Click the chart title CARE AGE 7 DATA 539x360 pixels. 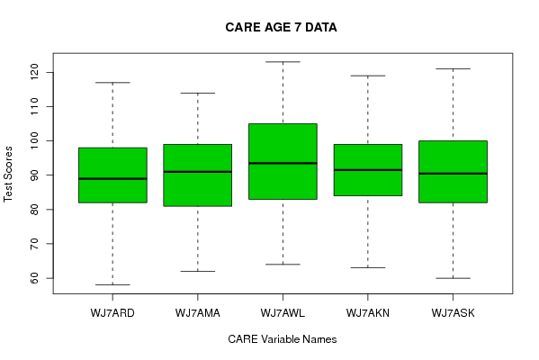tap(281, 28)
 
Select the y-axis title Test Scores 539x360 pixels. tap(7, 175)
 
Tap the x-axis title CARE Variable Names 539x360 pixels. tap(283, 339)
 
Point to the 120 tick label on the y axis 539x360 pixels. tap(34, 72)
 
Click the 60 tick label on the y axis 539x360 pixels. tap(34, 278)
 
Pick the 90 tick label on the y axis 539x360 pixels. tap(34, 175)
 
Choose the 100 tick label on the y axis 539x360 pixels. tap(34, 140)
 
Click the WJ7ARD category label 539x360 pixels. tap(112, 313)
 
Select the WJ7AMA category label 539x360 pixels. tap(198, 313)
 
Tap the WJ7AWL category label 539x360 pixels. tap(283, 313)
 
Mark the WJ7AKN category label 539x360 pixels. tap(368, 313)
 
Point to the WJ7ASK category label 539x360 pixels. tap(453, 313)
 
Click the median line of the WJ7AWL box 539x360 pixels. tap(283, 163)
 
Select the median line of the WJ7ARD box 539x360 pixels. tap(112, 178)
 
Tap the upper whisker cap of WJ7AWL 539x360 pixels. tap(283, 62)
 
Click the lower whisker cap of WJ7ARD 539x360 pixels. tap(112, 284)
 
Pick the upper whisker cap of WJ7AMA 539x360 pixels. tap(198, 93)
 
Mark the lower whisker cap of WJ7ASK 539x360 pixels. tap(453, 278)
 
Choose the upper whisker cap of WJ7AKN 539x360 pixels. tap(368, 76)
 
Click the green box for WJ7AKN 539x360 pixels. tap(368, 170)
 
